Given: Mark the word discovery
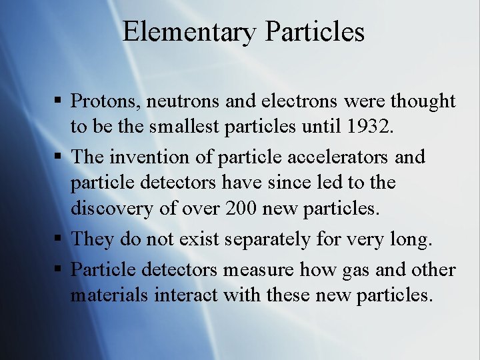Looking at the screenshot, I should [x=110, y=208].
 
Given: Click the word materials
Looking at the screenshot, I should [x=109, y=294].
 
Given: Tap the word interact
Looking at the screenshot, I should [x=186, y=294].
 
